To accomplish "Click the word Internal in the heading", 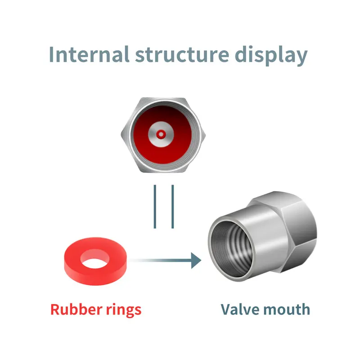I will tap(85, 54).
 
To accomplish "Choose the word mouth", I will tap(286, 309).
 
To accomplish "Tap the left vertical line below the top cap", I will tap(155, 206).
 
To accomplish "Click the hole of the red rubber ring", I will tap(96, 258).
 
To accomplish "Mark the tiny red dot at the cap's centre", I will tap(161, 134).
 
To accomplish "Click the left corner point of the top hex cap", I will tap(122, 134).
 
